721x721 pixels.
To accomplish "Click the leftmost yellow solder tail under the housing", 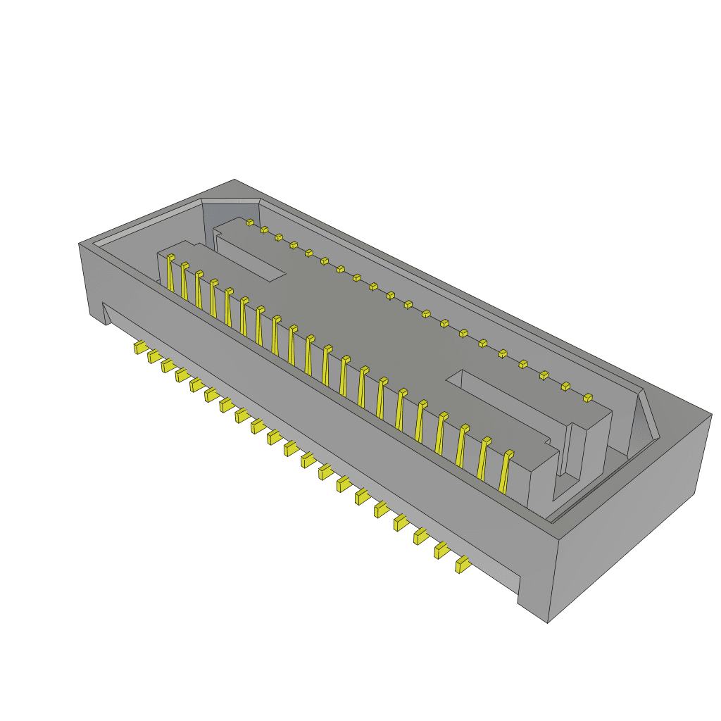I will pyautogui.click(x=141, y=348).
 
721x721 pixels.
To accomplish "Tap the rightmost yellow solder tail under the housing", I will pyautogui.click(x=463, y=565).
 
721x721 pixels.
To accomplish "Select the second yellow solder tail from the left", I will pyautogui.click(x=154, y=357).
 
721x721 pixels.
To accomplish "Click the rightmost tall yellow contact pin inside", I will pyautogui.click(x=505, y=472).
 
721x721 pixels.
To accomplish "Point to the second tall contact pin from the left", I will pyautogui.click(x=184, y=280).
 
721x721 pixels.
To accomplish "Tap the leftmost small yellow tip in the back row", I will pyautogui.click(x=250, y=222).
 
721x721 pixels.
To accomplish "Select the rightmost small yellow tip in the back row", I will pyautogui.click(x=588, y=399).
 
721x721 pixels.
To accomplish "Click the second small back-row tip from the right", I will pyautogui.click(x=565, y=386).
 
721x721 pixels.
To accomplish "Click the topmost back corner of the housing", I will pyautogui.click(x=234, y=180).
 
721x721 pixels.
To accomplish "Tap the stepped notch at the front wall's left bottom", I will pyautogui.click(x=107, y=313).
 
